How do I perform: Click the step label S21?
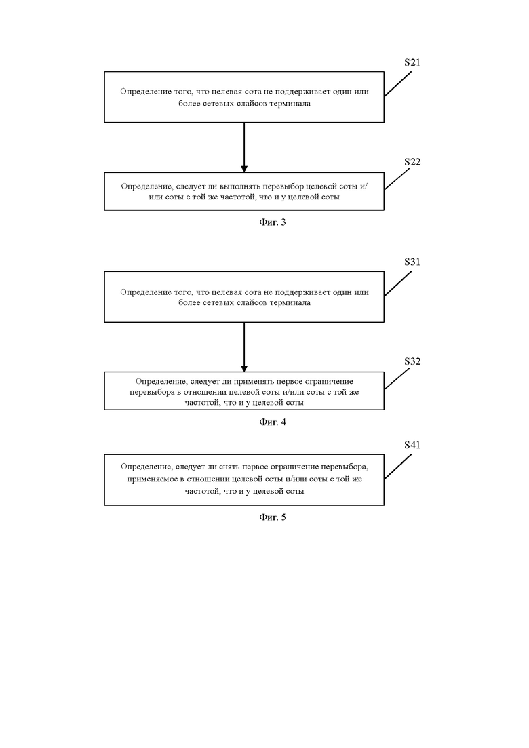(412, 62)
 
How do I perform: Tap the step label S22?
(412, 162)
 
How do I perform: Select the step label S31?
(412, 262)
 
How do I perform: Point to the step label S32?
(412, 361)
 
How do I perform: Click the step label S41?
(412, 445)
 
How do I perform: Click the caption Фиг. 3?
(273, 222)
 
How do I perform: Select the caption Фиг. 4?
(273, 422)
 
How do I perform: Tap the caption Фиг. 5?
(273, 517)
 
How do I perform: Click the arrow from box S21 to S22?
(244, 147)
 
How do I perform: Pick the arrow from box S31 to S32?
(244, 347)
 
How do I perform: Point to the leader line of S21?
(398, 85)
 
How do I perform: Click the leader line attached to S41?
(398, 467)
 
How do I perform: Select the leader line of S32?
(397, 378)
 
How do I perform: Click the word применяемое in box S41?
(153, 479)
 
